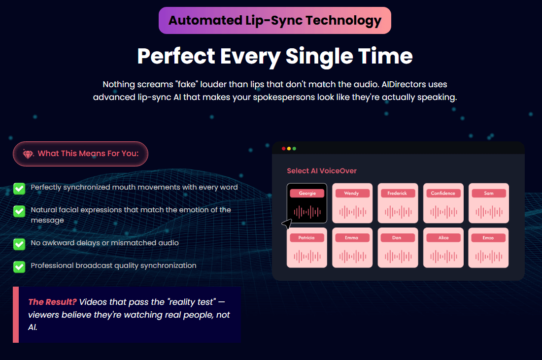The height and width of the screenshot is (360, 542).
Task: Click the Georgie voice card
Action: coord(307,203)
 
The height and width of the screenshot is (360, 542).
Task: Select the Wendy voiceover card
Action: coord(352,203)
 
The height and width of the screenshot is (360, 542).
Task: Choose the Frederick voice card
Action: coord(398,203)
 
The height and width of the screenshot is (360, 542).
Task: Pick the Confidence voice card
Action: coord(443,203)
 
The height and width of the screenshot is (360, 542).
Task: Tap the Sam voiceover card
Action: coord(489,203)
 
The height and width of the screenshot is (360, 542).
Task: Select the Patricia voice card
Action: coord(307,248)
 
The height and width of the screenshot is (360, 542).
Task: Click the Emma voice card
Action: coord(352,248)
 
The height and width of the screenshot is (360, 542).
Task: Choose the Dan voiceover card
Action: coord(398,248)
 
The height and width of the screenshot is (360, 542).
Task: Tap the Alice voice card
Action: coord(443,248)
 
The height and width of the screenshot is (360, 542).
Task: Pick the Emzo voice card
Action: coord(488,248)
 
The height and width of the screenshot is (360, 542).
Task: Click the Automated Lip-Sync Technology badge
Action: coord(275,20)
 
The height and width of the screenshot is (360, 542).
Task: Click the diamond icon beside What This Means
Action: coord(28,154)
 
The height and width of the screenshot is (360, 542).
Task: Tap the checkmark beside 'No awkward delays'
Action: coord(19,244)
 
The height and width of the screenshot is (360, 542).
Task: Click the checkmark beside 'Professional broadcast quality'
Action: coord(19,267)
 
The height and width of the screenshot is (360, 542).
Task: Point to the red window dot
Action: coord(283,149)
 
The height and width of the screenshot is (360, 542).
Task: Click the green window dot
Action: coord(294,149)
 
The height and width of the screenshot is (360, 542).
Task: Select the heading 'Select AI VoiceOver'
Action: coord(321,171)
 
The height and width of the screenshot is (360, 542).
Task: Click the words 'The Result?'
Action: coord(52,302)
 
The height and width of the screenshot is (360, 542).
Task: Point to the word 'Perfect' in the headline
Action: coord(176,56)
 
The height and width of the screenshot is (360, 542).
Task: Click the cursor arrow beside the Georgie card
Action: coord(287,224)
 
